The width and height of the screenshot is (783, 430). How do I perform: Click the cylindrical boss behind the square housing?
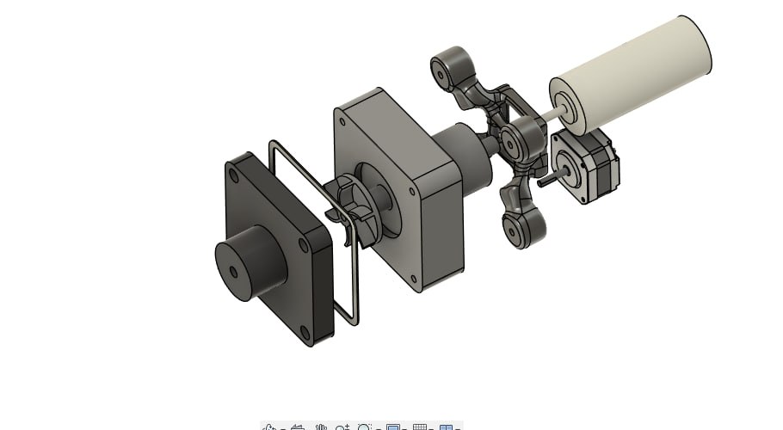click(x=465, y=155)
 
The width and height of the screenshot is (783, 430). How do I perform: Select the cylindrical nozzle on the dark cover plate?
click(x=250, y=262)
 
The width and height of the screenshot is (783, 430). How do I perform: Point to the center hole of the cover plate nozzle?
click(x=234, y=271)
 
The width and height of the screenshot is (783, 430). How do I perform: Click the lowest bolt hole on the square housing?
click(x=416, y=279)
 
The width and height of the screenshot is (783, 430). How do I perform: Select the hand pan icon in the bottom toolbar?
click(x=320, y=427)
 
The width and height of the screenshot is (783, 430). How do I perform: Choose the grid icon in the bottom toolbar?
click(x=420, y=427)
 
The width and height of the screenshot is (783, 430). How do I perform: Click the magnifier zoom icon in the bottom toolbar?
click(x=366, y=427)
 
